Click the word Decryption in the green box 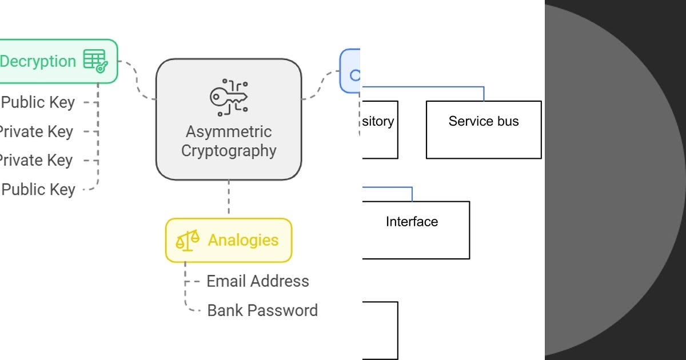click(38, 61)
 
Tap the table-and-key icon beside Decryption click(95, 61)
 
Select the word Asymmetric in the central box click(229, 131)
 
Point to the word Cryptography click(229, 151)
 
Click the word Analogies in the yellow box click(243, 240)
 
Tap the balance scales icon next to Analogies click(188, 240)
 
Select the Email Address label click(257, 281)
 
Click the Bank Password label click(262, 310)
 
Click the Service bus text click(484, 121)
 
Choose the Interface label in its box click(412, 222)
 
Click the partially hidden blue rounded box click(350, 71)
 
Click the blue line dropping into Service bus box click(484, 94)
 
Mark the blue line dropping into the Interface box click(412, 194)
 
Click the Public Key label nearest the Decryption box click(38, 102)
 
